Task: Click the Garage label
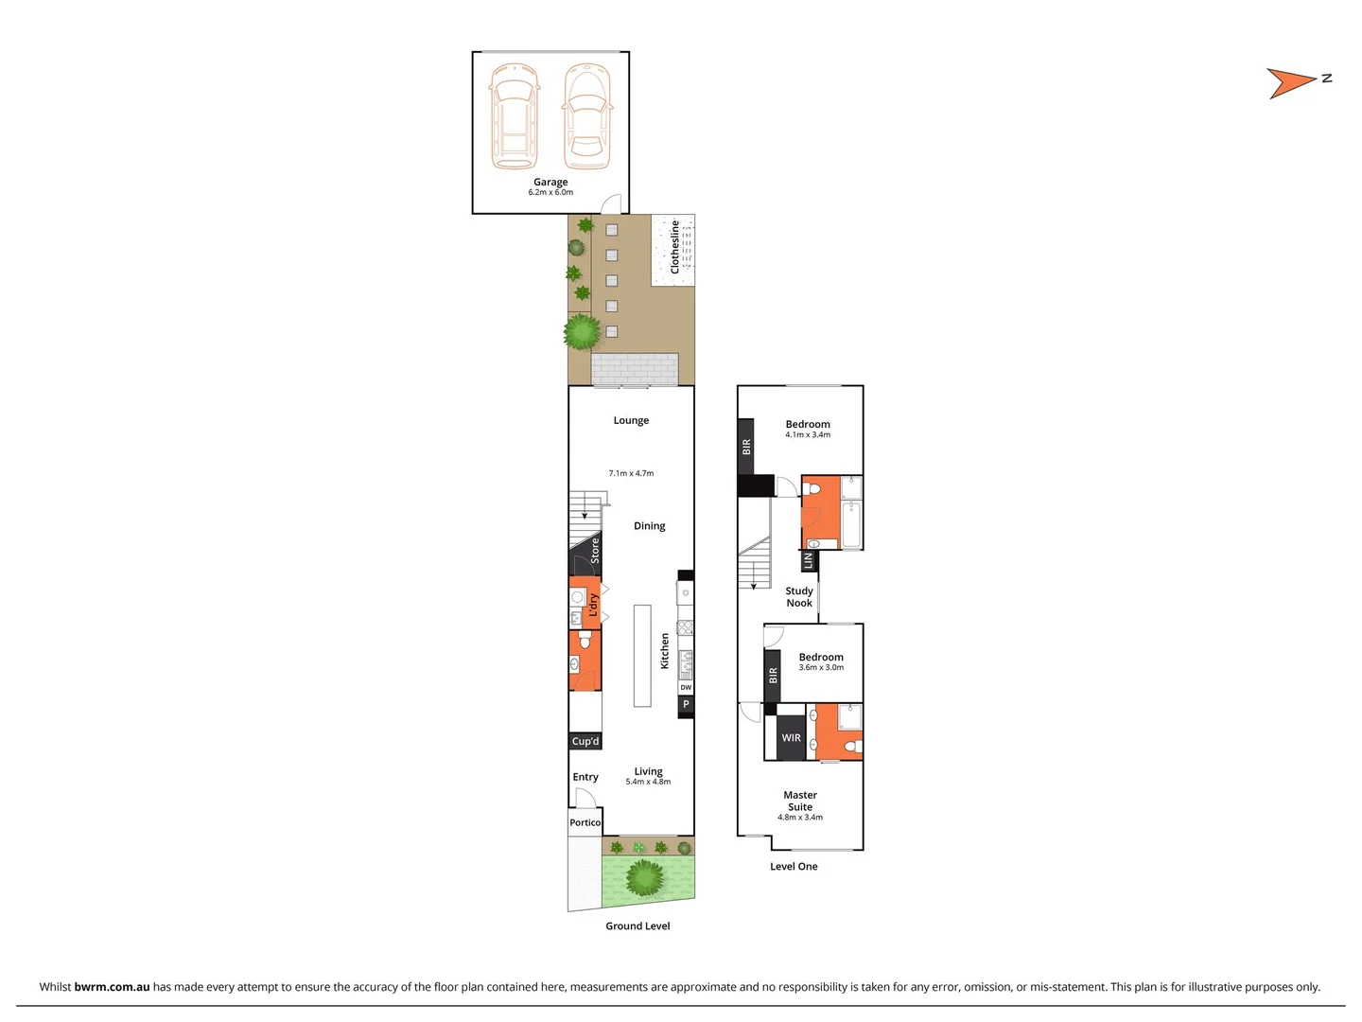(x=550, y=182)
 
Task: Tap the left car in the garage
(x=514, y=115)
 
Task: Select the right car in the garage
(x=586, y=115)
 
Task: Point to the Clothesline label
(x=674, y=247)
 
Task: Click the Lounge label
(x=631, y=420)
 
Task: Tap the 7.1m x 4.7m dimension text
(x=631, y=473)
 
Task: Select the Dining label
(x=649, y=526)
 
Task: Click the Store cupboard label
(x=595, y=551)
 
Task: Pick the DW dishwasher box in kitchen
(x=686, y=688)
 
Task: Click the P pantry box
(x=686, y=705)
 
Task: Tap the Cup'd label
(x=585, y=741)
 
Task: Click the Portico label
(x=585, y=822)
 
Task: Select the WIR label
(x=791, y=738)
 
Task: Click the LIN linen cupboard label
(x=808, y=561)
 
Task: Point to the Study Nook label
(x=799, y=597)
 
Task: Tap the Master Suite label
(x=800, y=802)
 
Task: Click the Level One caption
(x=794, y=867)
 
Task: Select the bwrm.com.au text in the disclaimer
(x=112, y=987)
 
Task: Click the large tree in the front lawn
(x=646, y=878)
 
